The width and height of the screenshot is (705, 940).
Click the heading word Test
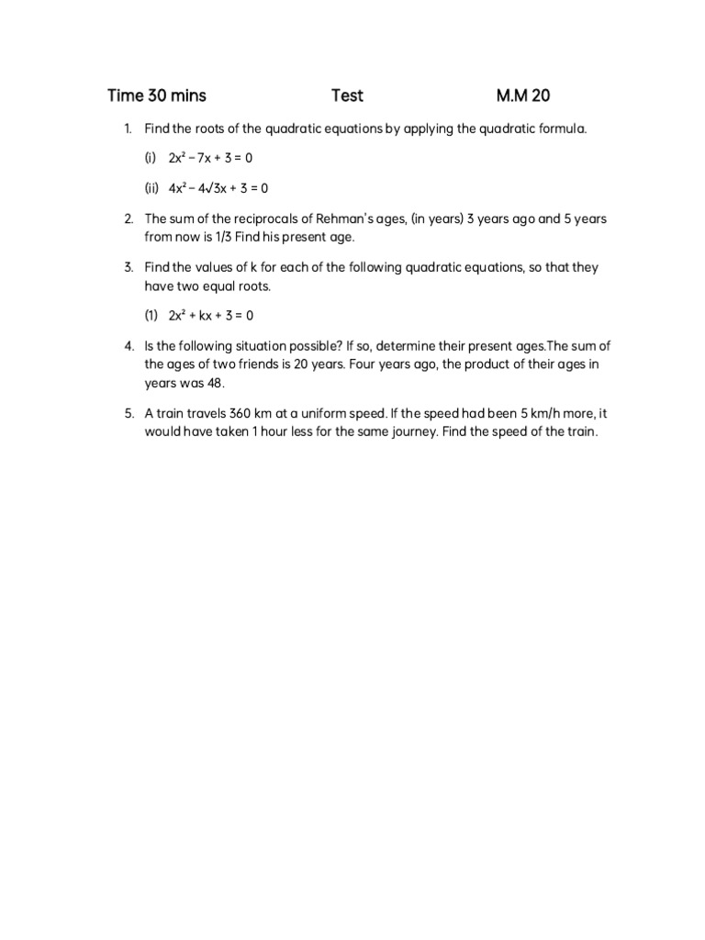coord(347,95)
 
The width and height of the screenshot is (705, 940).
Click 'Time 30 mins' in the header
coord(157,95)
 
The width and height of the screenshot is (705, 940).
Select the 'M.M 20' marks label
coord(524,95)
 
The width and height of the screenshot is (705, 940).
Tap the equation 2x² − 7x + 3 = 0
coord(210,158)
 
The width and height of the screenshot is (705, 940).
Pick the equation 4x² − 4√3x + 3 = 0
coord(218,188)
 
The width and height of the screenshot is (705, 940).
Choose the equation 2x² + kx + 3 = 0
coord(210,315)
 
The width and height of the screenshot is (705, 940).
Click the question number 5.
coord(129,413)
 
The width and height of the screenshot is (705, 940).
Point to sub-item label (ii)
coord(151,188)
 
